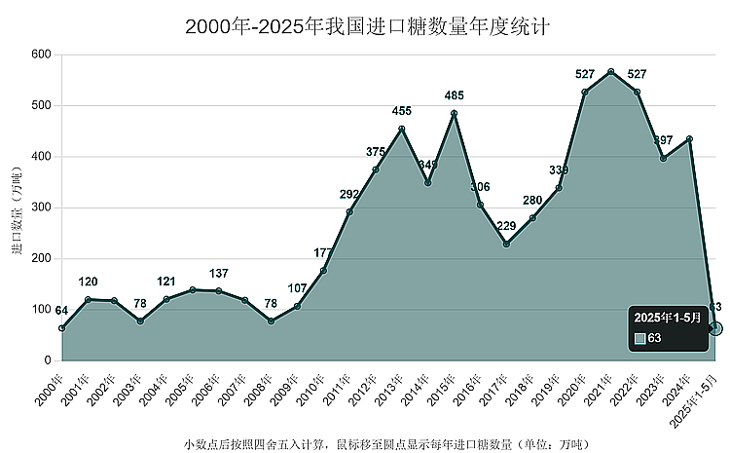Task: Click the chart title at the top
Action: [x=366, y=26]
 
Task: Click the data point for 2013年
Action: [x=402, y=129]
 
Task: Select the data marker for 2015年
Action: [x=454, y=113]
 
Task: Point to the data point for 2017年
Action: [x=506, y=244]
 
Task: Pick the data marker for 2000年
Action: [x=61, y=328]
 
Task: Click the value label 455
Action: [x=402, y=111]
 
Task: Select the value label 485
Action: [x=454, y=95]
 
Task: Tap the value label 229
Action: [x=506, y=226]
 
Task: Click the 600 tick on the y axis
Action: [x=40, y=54]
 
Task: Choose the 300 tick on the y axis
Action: [x=40, y=208]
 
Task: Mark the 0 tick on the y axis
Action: [x=47, y=360]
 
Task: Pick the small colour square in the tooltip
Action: [x=639, y=339]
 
